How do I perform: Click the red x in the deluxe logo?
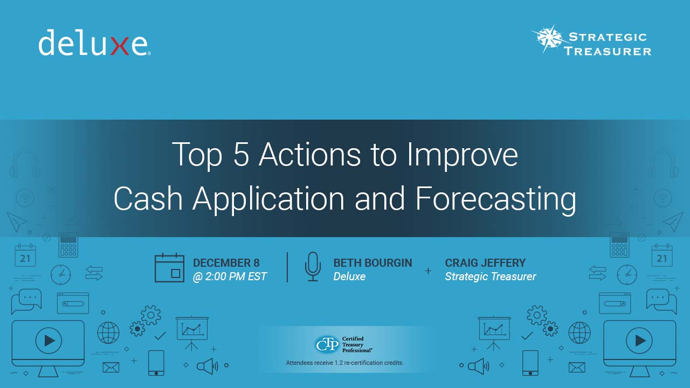point(120,46)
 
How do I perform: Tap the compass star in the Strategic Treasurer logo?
point(550,39)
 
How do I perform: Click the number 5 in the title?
point(241,154)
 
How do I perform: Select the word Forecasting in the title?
point(495,199)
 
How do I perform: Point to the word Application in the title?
point(268,199)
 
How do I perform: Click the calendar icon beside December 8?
point(169,268)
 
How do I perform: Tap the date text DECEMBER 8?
point(226,263)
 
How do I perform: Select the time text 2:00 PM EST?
point(236,276)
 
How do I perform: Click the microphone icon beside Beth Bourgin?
point(313,267)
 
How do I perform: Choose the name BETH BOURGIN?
point(372,263)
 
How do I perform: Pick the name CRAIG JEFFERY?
point(485,263)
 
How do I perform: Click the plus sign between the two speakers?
point(428,271)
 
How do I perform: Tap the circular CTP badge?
point(327,344)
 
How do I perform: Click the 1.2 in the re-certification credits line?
point(339,363)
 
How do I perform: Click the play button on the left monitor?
point(49,341)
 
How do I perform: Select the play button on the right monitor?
point(639,341)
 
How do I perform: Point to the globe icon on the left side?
point(108,333)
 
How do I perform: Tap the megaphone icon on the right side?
point(478,366)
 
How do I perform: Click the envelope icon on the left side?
point(111,368)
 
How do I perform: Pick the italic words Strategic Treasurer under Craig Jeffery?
point(491,276)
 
